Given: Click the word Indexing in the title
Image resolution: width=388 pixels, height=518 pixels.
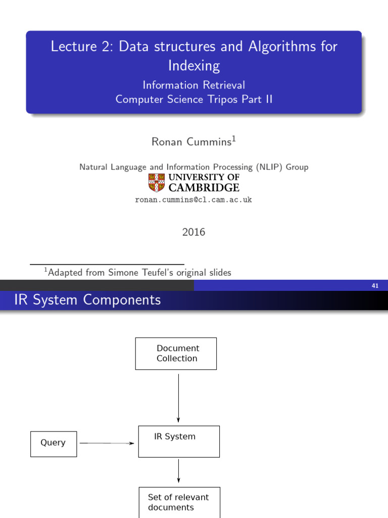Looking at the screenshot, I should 194,66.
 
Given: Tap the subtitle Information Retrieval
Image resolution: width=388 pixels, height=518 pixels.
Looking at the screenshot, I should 194,85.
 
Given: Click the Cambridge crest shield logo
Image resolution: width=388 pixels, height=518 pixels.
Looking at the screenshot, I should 157,182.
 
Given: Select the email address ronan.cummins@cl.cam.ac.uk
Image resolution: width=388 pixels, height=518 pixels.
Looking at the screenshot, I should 193,200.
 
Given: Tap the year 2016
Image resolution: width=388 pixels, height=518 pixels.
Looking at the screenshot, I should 193,232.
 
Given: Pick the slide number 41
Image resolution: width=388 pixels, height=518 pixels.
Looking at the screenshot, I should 375,286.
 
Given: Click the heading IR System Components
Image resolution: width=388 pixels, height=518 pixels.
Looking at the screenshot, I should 88,300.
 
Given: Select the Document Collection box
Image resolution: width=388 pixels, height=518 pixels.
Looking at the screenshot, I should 176,353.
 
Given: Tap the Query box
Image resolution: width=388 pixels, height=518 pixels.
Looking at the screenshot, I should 54,444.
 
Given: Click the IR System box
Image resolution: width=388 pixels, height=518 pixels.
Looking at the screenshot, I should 179,441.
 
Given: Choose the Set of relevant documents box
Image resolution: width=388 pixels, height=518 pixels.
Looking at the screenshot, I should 179,502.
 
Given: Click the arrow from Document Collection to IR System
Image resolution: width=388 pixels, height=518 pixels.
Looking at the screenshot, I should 178,397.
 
